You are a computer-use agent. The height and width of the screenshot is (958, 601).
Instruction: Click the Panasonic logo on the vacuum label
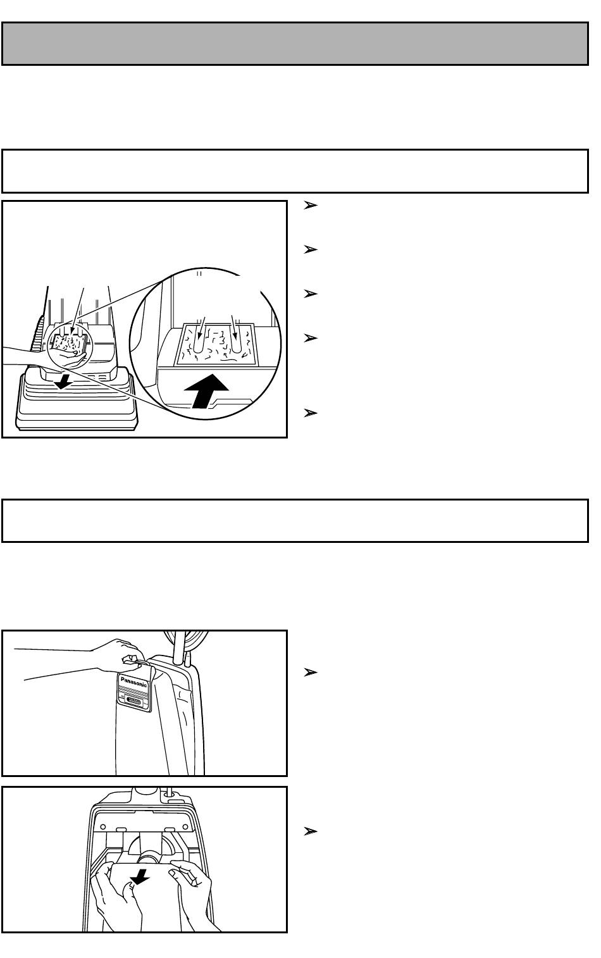(133, 681)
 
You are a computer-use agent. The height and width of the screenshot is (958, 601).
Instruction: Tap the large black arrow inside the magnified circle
(207, 390)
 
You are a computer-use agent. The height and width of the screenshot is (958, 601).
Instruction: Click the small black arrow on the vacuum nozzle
(63, 383)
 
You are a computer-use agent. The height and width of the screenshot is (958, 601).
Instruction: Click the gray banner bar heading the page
(295, 44)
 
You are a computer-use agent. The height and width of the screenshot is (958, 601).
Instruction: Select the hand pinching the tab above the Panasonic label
(115, 655)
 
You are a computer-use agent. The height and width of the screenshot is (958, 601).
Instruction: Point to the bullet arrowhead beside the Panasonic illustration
(311, 673)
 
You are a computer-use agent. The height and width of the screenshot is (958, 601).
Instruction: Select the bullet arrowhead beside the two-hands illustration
(311, 831)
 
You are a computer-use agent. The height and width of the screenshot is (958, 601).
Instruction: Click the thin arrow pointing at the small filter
(77, 311)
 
